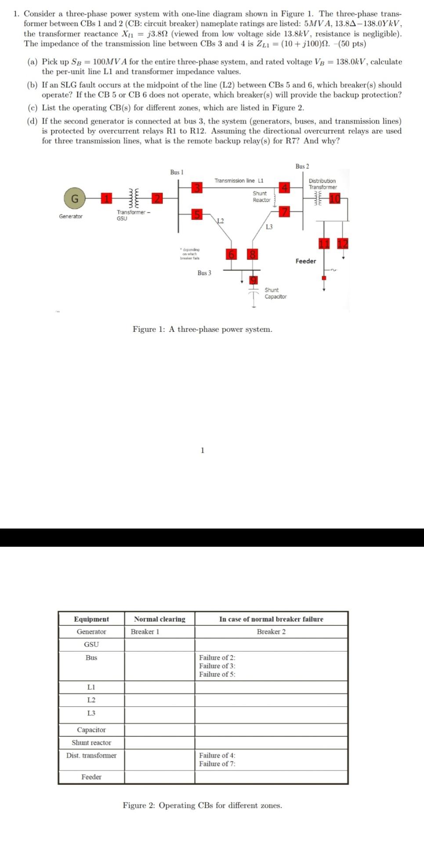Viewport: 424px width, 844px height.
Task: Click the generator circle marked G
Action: click(75, 199)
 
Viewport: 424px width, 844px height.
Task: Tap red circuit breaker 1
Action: click(105, 199)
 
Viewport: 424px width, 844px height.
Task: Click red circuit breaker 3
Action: click(197, 188)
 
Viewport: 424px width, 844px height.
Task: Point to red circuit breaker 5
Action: click(197, 214)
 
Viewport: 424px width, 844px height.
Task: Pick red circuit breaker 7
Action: click(285, 212)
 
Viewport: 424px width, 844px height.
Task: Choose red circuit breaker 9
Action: click(254, 280)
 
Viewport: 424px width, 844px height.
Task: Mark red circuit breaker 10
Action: click(335, 199)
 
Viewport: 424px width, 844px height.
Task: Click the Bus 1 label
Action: click(177, 172)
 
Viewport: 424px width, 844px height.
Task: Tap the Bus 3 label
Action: click(204, 273)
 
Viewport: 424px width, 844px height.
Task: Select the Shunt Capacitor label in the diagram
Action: click(275, 293)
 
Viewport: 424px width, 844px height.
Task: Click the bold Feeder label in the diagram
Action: click(305, 261)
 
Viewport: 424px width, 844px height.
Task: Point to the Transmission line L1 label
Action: click(239, 181)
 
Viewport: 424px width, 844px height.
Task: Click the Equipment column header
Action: click(91, 619)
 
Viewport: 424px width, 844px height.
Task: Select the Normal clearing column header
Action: click(159, 619)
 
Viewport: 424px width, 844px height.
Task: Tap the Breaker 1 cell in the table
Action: click(145, 632)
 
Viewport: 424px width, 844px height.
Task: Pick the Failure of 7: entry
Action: click(217, 764)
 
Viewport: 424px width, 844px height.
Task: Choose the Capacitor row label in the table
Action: click(91, 730)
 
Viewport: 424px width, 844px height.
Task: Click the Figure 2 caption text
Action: click(202, 805)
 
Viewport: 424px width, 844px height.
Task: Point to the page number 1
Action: click(202, 450)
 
